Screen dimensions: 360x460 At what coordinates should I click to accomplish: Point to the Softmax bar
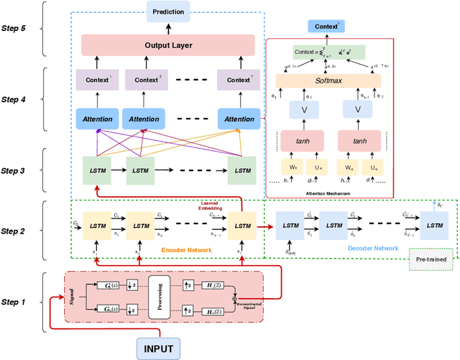328,82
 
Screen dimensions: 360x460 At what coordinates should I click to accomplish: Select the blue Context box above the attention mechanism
328,27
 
